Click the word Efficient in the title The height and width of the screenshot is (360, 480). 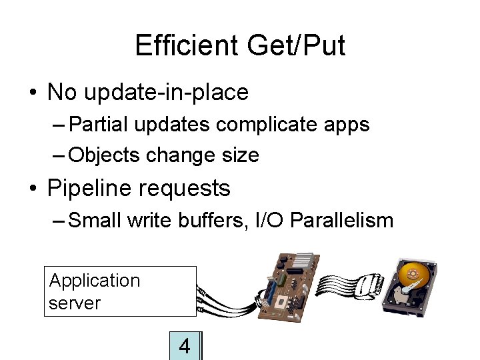click(186, 46)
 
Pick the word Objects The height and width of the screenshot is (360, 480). click(104, 155)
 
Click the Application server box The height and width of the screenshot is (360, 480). click(120, 291)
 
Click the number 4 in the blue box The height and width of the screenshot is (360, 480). click(185, 346)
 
